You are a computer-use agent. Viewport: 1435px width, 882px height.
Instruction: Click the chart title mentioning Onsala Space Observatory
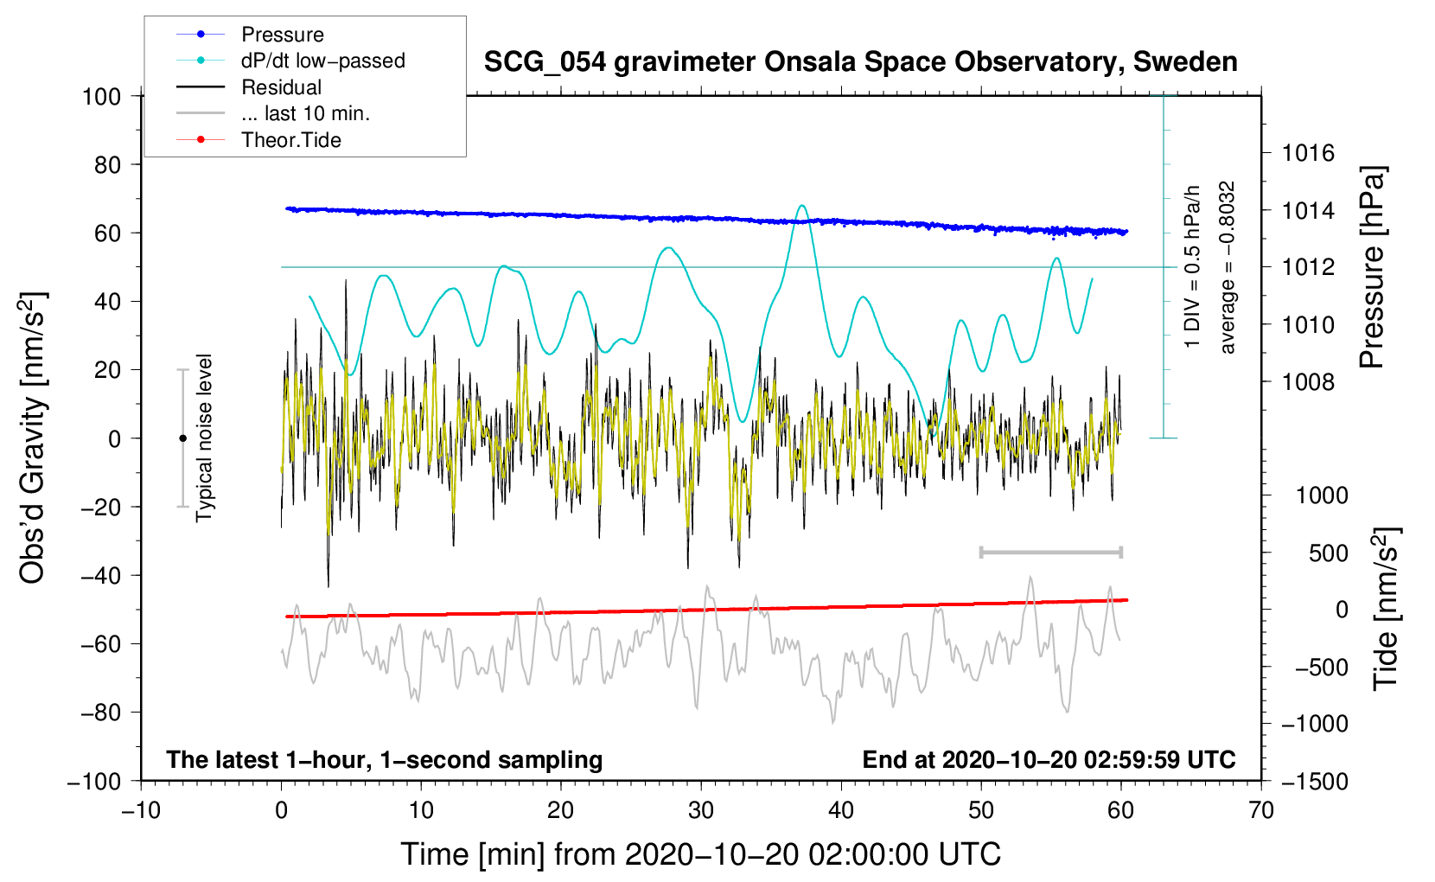[x=860, y=62]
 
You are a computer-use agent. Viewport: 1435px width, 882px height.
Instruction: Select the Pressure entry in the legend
[x=282, y=35]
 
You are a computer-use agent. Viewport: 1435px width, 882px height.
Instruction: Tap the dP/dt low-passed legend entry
[x=322, y=61]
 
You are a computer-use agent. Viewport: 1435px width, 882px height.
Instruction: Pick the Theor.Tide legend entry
[x=290, y=140]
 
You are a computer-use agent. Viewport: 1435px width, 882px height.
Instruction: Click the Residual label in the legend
[x=281, y=87]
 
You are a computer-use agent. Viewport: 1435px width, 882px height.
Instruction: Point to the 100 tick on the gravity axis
[x=101, y=96]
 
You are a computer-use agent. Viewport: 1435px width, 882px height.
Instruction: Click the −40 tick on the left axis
[x=100, y=575]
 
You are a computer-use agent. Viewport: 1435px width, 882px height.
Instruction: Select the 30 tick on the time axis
[x=701, y=810]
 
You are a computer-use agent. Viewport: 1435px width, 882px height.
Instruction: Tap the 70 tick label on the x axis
[x=1261, y=810]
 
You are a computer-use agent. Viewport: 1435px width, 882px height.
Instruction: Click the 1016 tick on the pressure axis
[x=1308, y=153]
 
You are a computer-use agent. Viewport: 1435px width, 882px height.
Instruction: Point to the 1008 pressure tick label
[x=1308, y=381]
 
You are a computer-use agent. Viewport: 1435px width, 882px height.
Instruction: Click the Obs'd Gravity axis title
[x=32, y=438]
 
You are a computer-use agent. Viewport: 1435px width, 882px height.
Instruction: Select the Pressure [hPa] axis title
[x=1372, y=267]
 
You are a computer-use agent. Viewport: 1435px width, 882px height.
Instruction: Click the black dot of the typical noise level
[x=182, y=438]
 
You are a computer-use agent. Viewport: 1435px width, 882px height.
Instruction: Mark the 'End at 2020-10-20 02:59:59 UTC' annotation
[x=1049, y=759]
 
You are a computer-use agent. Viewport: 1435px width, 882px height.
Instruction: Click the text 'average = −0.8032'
[x=1228, y=267]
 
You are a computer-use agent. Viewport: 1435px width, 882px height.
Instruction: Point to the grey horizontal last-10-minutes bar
[x=1050, y=552]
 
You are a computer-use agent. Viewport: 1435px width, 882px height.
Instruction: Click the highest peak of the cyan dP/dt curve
[x=802, y=206]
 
